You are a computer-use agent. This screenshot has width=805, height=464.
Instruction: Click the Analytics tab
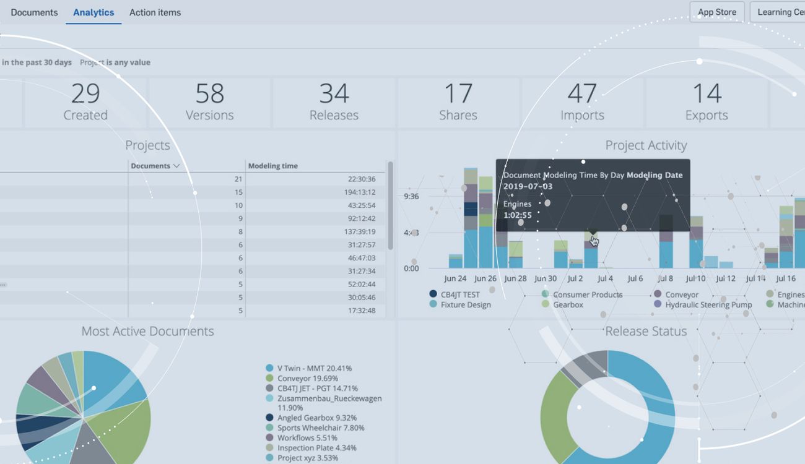[x=94, y=12]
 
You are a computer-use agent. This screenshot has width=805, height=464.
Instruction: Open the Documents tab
[x=34, y=12]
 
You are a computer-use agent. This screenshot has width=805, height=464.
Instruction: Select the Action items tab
[x=155, y=12]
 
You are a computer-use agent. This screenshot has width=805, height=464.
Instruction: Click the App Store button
[x=716, y=12]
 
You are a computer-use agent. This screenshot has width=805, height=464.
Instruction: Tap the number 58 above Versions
[x=209, y=94]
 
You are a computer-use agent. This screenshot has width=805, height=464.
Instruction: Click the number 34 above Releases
[x=334, y=94]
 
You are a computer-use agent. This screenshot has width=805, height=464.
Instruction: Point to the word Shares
[x=458, y=115]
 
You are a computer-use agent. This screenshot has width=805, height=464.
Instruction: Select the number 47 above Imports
[x=582, y=94]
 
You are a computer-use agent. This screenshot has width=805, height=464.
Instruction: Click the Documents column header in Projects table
[x=155, y=166]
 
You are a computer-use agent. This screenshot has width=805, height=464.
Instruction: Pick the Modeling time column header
[x=273, y=166]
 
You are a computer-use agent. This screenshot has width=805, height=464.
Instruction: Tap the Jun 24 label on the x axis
[x=456, y=278]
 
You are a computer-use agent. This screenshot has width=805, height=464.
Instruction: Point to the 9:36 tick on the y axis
[x=411, y=197]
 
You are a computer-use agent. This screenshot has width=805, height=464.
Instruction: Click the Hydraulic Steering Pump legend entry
[x=708, y=304]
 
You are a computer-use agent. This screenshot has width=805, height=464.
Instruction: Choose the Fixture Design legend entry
[x=465, y=304]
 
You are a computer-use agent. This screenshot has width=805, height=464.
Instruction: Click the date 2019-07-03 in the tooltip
[x=528, y=186]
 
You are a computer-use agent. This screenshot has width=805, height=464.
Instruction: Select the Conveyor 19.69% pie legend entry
[x=307, y=378]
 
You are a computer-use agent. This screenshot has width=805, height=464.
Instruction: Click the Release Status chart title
[x=646, y=332]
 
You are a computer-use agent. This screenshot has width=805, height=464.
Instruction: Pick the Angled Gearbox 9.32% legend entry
[x=316, y=418]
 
